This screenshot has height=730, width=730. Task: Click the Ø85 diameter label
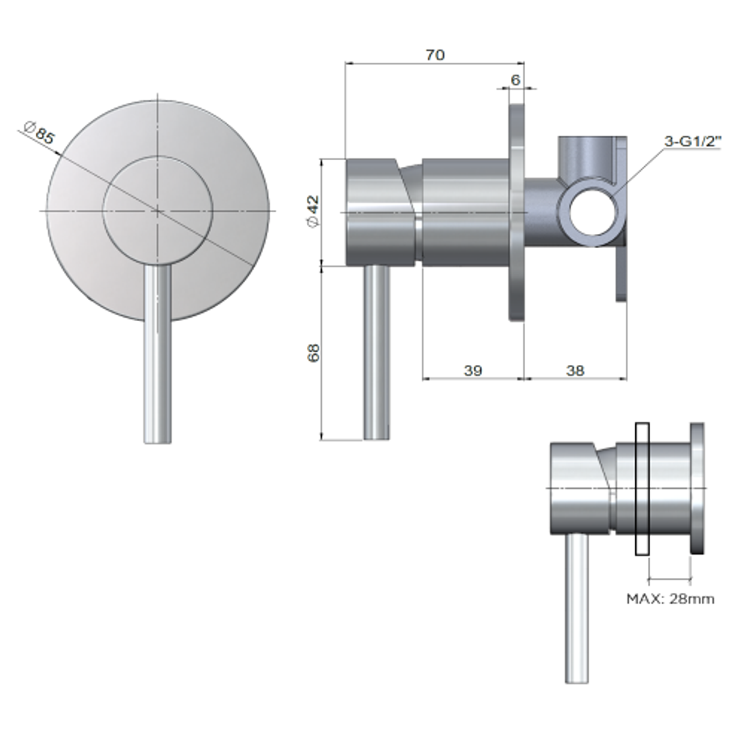click(x=40, y=132)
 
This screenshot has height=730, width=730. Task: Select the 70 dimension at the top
click(x=435, y=55)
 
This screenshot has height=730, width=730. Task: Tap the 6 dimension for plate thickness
click(x=515, y=80)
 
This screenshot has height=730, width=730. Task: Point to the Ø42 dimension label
click(x=312, y=212)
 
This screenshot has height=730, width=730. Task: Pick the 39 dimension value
click(x=472, y=370)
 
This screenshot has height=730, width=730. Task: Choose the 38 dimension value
click(x=575, y=370)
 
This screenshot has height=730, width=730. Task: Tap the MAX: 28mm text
click(x=670, y=598)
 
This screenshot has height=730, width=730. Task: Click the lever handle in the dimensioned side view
click(x=377, y=351)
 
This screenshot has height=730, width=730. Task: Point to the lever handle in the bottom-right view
click(x=577, y=608)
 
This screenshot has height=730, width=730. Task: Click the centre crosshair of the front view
click(x=157, y=211)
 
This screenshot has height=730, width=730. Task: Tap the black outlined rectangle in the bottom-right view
click(x=642, y=489)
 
